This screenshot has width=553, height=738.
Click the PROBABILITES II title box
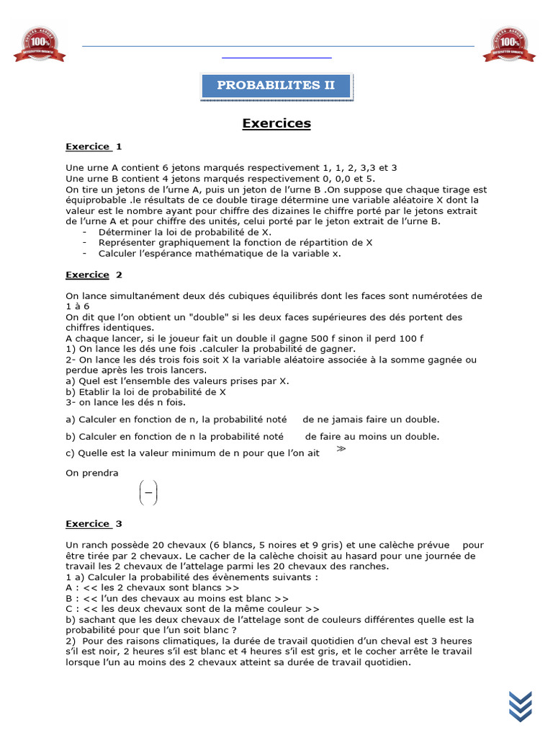[276, 85]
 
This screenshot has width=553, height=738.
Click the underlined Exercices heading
[276, 123]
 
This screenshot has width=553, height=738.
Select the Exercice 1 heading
[94, 146]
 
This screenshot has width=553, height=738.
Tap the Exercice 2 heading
[94, 275]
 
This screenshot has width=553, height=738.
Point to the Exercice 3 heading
[94, 524]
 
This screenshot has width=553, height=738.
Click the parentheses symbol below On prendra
[148, 494]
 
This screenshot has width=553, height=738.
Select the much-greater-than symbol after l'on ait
[341, 449]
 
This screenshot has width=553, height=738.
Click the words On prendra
[92, 473]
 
